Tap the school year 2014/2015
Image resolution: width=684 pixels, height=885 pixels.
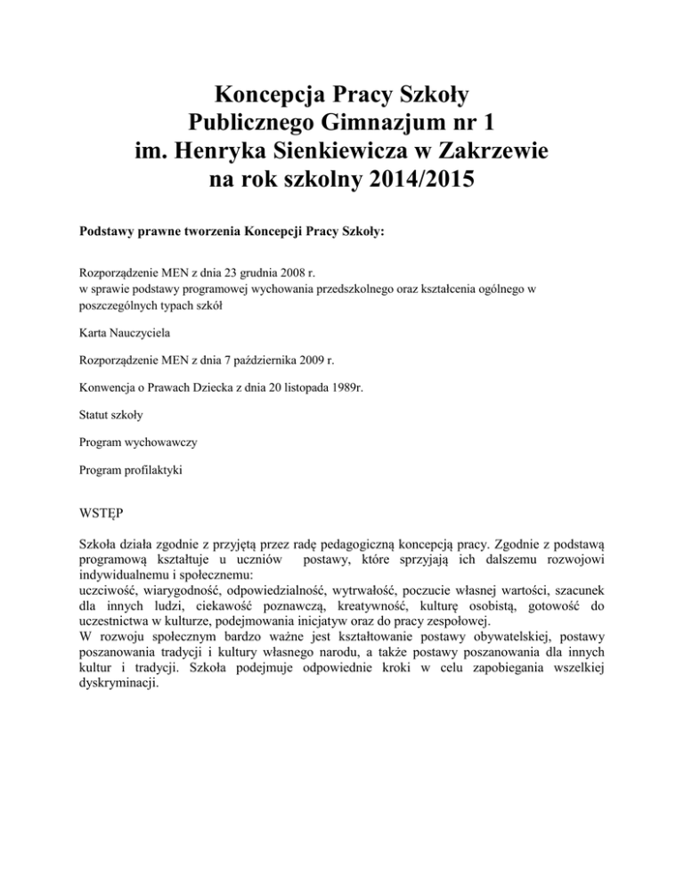click(x=402, y=184)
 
